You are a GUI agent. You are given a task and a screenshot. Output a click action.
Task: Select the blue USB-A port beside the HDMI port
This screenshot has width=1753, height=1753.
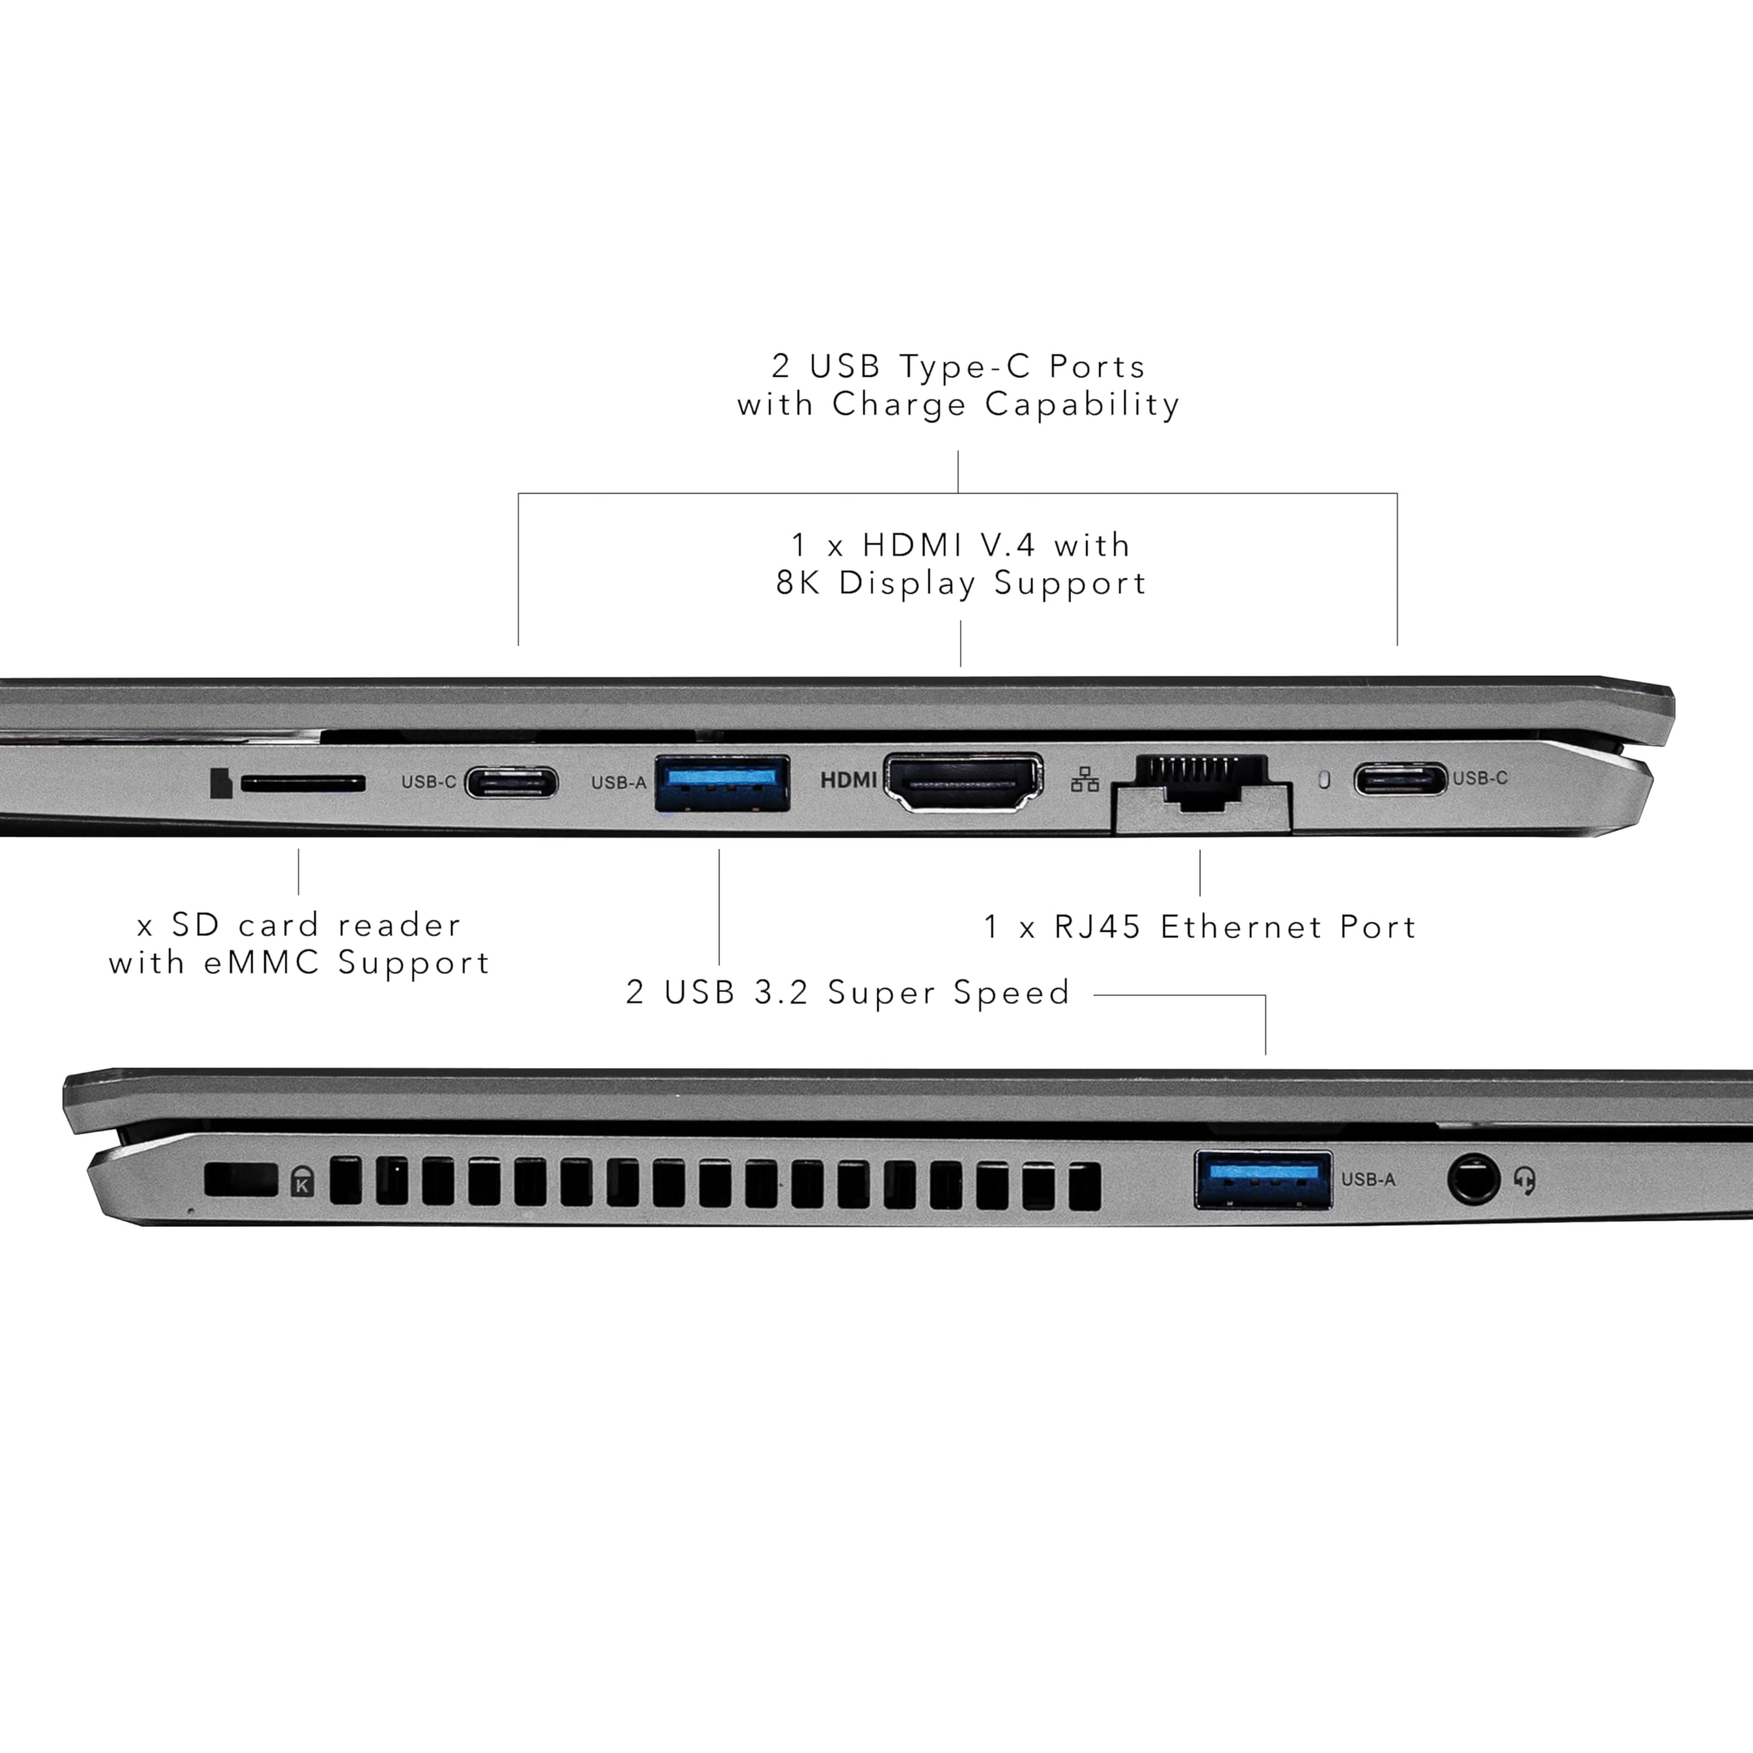coord(721,782)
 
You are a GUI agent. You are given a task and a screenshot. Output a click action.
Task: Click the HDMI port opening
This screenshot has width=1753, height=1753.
coord(963,781)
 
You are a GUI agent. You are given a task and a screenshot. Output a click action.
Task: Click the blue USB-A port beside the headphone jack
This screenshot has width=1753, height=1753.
coord(1263,1180)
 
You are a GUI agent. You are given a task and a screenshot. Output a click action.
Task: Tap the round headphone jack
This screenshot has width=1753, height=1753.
coord(1473,1180)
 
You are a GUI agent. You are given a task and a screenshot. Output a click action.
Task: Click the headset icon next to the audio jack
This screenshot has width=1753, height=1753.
coord(1525,1181)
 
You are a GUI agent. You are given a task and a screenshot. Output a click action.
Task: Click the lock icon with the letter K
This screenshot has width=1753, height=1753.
coord(302,1183)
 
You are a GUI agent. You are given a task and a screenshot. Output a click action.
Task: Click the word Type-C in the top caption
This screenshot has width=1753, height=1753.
coord(965,366)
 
